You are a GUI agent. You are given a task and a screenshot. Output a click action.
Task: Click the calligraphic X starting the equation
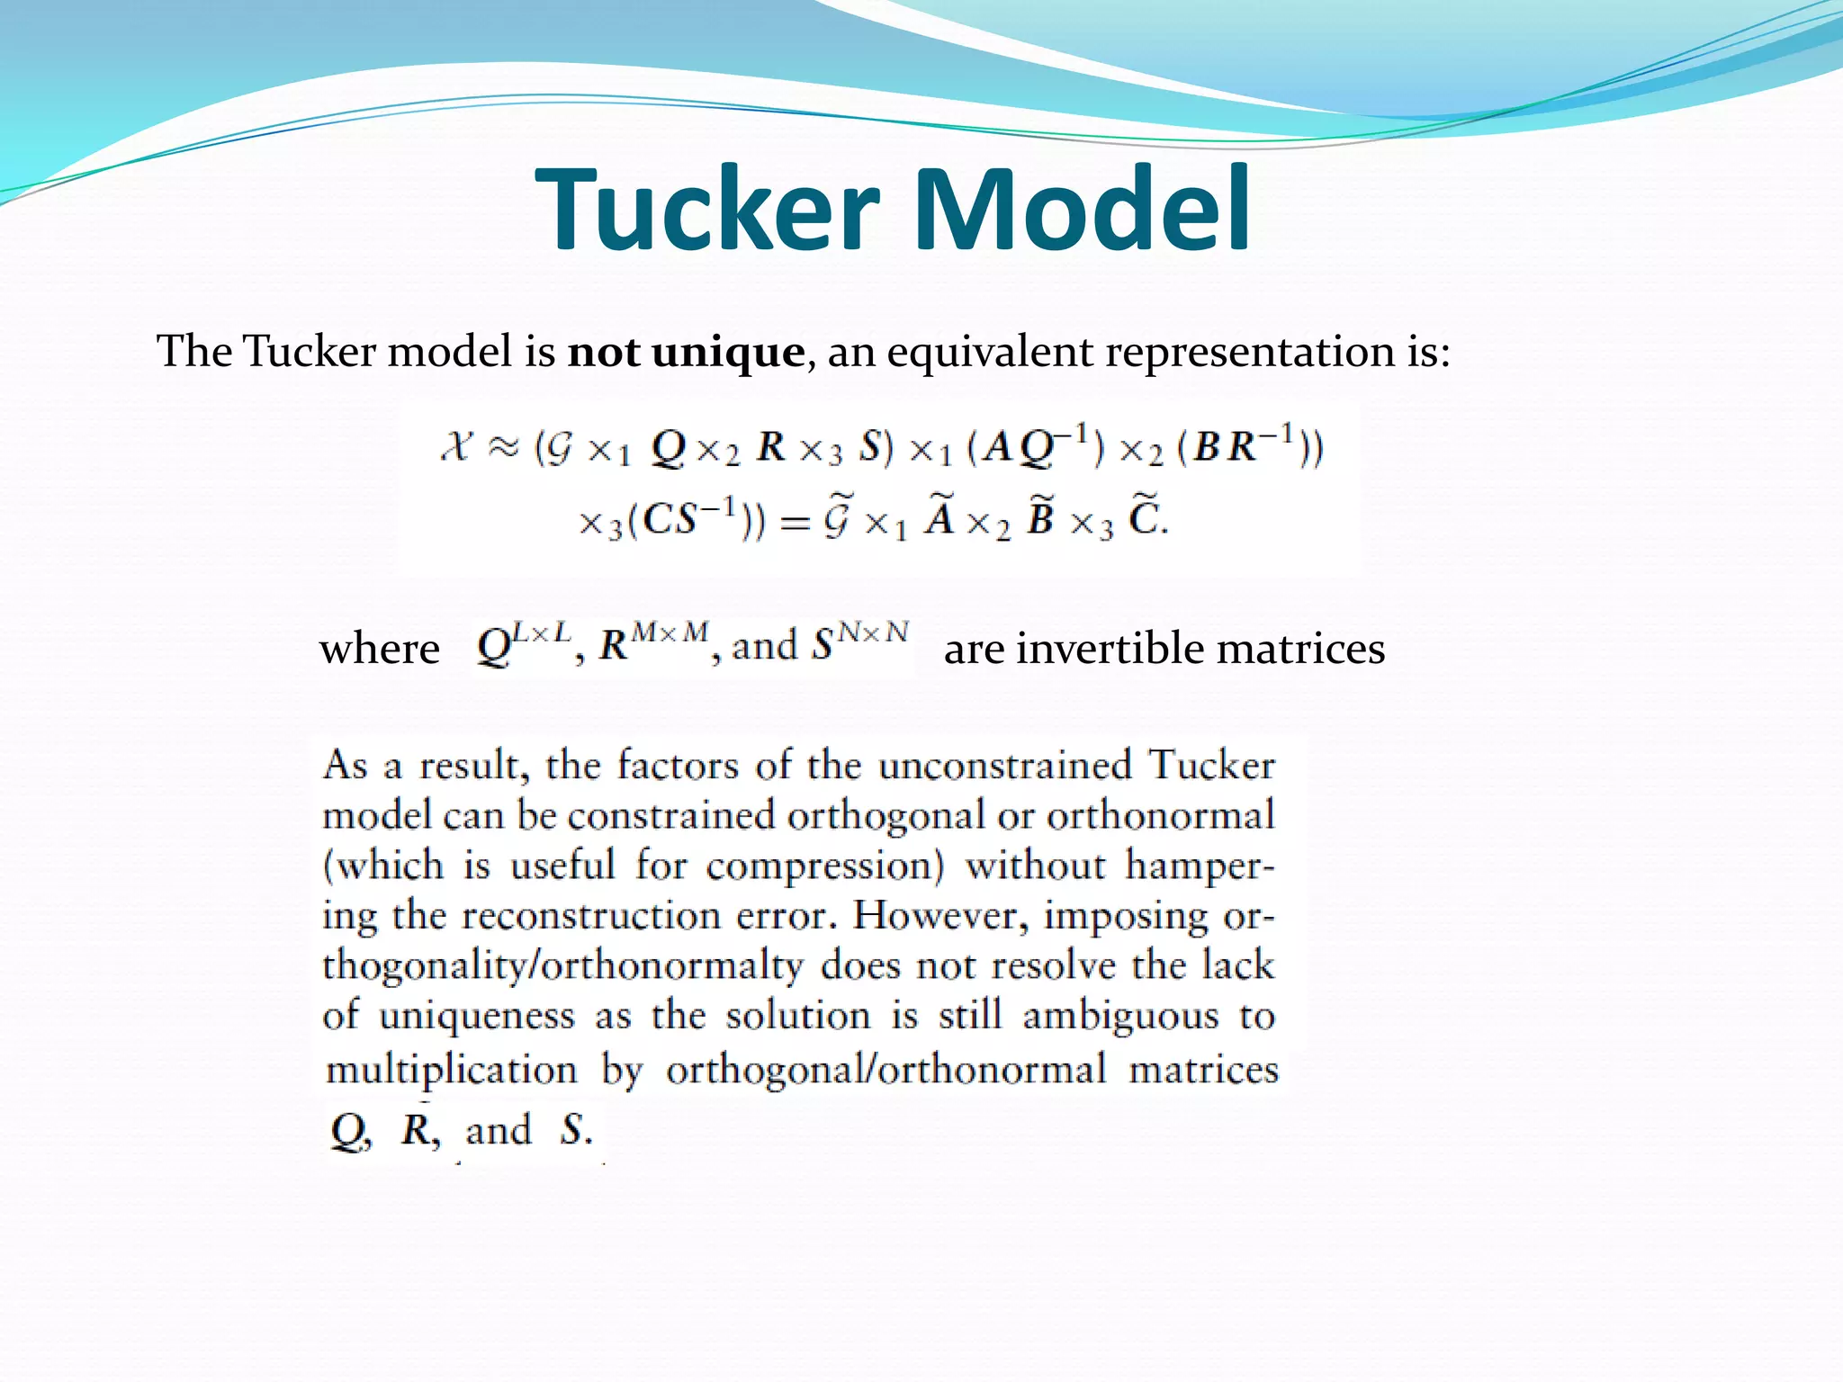pyautogui.click(x=457, y=446)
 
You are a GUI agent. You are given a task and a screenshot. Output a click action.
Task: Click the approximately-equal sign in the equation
pyautogui.click(x=504, y=447)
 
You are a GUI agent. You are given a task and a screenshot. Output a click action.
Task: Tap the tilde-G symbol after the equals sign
pyautogui.click(x=837, y=519)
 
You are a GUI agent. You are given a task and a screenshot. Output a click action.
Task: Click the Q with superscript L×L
pyautogui.click(x=522, y=642)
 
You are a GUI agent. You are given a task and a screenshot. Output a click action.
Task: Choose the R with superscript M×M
pyautogui.click(x=653, y=642)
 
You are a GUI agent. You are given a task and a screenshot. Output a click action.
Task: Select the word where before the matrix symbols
pyautogui.click(x=380, y=649)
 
